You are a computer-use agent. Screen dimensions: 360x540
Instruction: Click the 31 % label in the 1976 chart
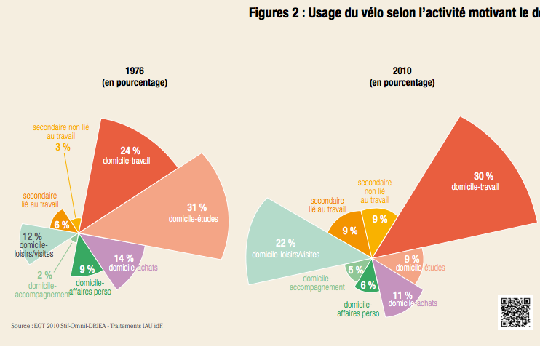click(x=196, y=207)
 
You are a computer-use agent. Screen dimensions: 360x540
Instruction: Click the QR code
click(x=516, y=312)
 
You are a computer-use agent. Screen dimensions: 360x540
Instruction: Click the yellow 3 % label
click(x=63, y=147)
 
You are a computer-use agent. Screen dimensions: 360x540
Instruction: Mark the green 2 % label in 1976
click(x=44, y=275)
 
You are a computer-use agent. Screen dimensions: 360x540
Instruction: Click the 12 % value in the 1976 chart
click(x=32, y=237)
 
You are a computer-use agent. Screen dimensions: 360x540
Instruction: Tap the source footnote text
click(x=87, y=326)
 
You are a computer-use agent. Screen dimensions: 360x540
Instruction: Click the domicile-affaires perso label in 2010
click(x=358, y=309)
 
